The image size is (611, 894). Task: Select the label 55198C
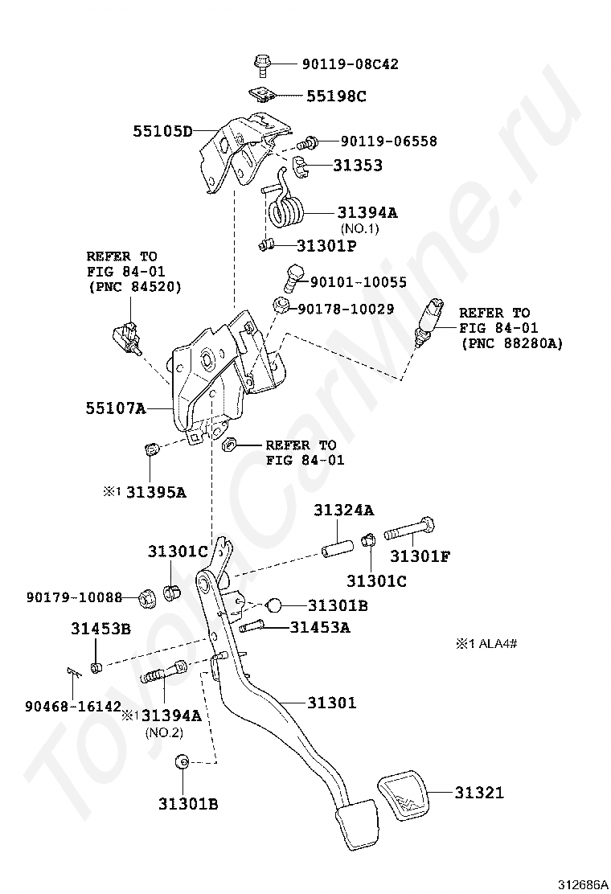click(335, 96)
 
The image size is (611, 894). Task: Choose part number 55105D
click(162, 130)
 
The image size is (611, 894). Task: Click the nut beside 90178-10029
click(281, 305)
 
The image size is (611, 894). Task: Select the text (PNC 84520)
click(134, 286)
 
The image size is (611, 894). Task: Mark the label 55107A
click(116, 408)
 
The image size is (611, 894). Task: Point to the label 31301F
click(420, 556)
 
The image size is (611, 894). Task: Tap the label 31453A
click(320, 628)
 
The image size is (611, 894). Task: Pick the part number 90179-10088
click(73, 597)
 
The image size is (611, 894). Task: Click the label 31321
click(479, 793)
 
